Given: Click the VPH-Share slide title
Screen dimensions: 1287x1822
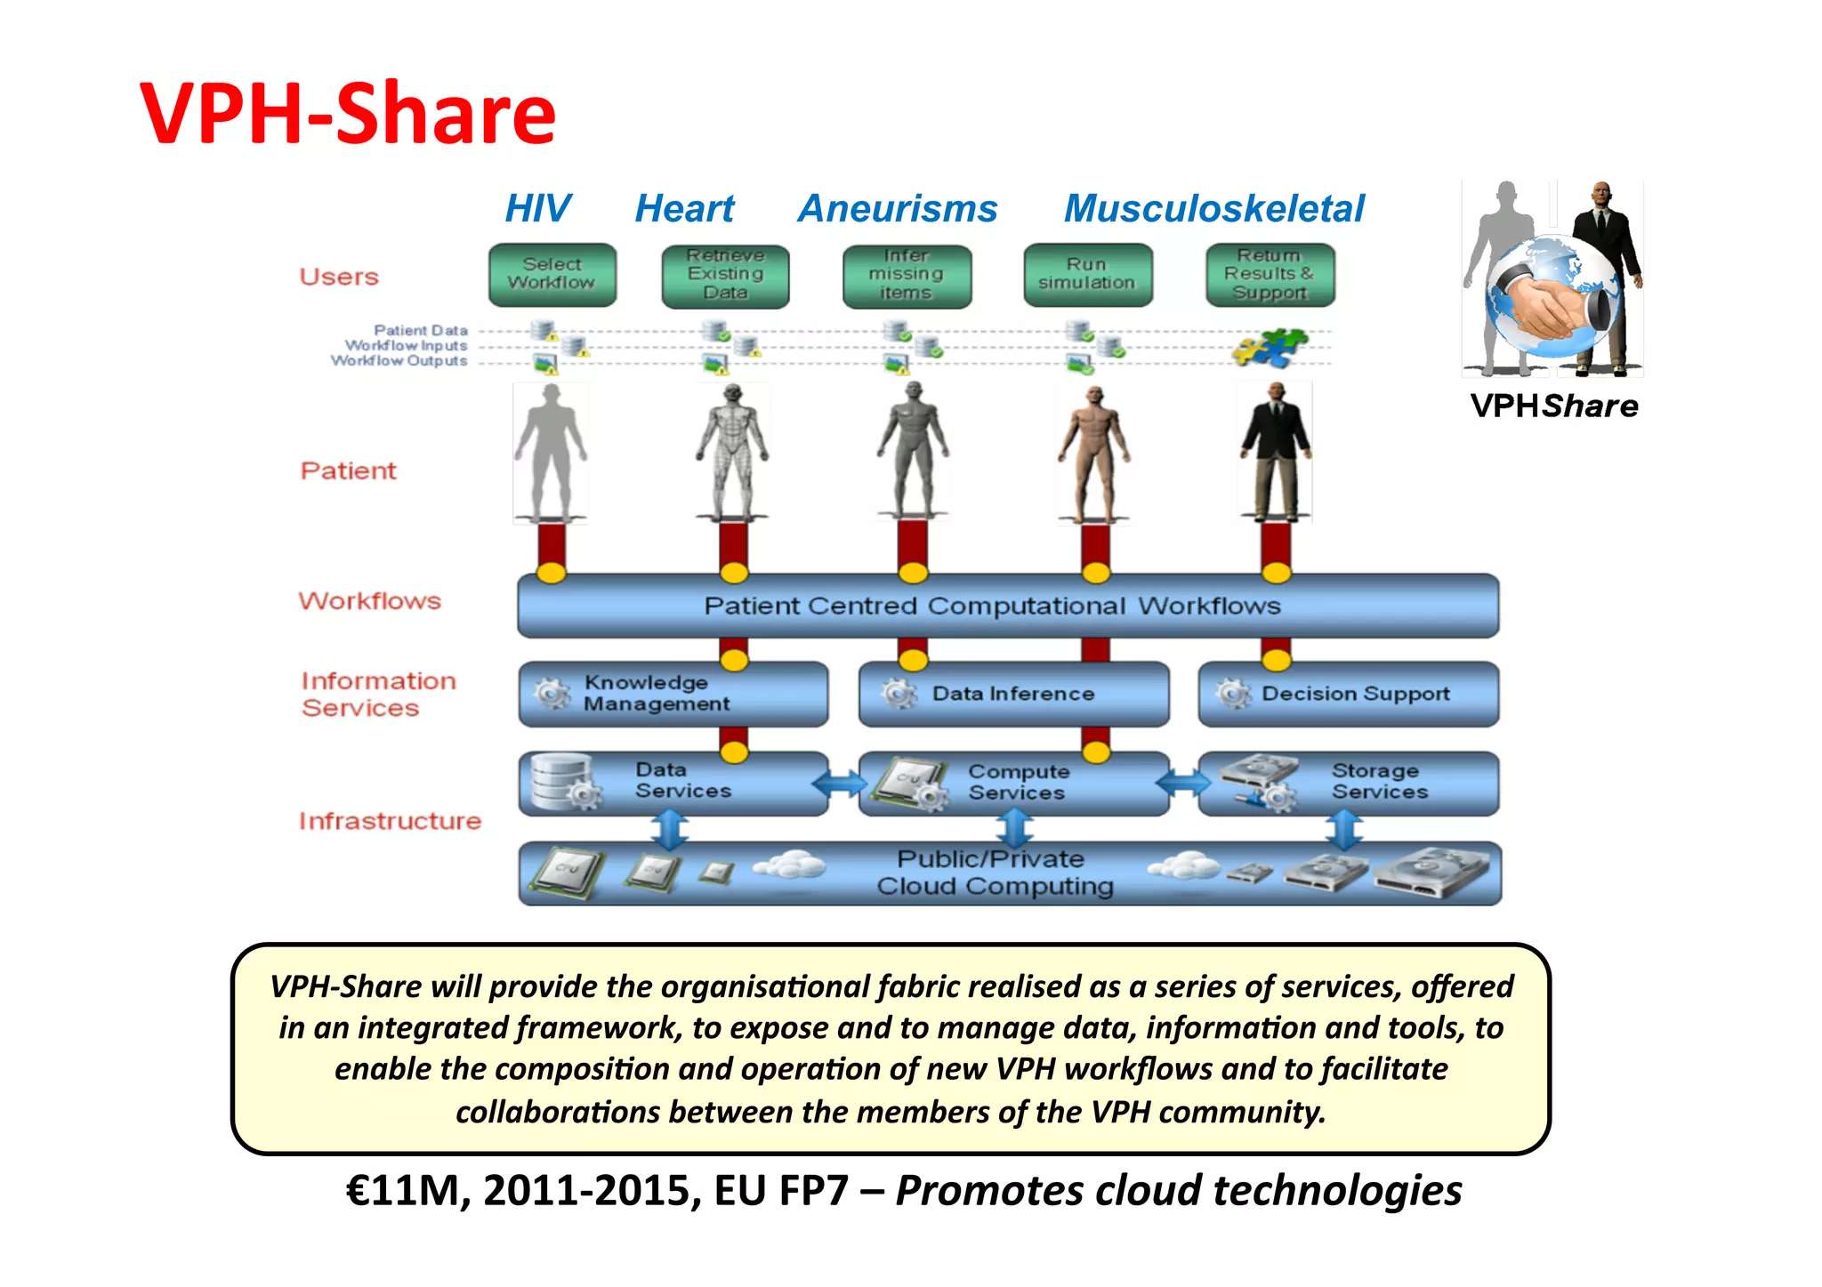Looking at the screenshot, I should [x=348, y=114].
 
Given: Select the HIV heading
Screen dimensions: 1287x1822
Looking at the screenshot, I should [x=537, y=209].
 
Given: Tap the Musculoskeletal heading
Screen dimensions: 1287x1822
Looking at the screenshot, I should [x=1213, y=209].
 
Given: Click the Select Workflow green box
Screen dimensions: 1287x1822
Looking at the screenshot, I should [x=552, y=275].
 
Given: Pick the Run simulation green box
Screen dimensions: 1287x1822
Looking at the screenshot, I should [x=1087, y=275].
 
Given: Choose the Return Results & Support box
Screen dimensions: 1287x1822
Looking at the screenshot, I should [x=1270, y=275].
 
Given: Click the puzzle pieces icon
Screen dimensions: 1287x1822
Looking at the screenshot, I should [x=1270, y=347].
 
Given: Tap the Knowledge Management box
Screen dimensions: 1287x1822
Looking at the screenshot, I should [x=673, y=694].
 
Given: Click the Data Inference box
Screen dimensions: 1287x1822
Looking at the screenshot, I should [x=1013, y=694].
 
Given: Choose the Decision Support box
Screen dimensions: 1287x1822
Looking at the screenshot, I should [x=1348, y=694].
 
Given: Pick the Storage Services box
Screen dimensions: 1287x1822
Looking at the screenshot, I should [x=1348, y=784].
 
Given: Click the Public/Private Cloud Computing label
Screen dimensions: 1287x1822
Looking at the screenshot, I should [x=994, y=873].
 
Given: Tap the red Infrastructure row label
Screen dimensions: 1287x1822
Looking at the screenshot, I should [x=390, y=821].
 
